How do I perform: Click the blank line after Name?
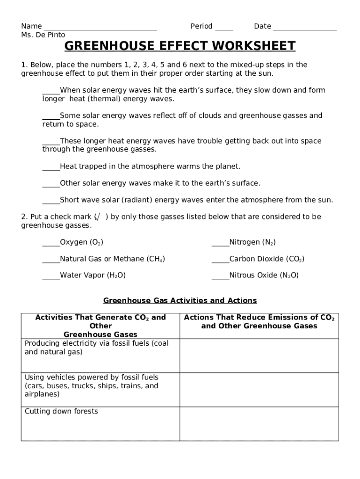pos(100,27)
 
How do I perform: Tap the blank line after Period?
pos(224,27)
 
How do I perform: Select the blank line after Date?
pos(304,27)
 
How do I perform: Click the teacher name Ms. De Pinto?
pos(43,35)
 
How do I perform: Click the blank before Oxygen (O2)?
pos(51,243)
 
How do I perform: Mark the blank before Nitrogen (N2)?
pos(220,243)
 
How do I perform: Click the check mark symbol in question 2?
pos(98,217)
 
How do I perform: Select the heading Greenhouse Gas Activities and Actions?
pos(180,300)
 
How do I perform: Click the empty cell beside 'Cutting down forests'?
pos(259,423)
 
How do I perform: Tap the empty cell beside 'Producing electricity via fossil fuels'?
pos(259,356)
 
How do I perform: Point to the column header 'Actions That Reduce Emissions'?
pos(259,322)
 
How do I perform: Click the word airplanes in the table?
pos(42,394)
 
